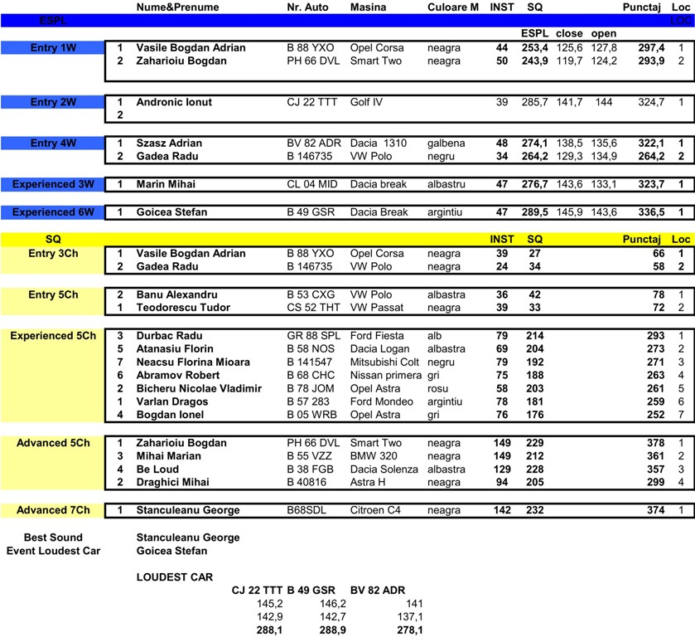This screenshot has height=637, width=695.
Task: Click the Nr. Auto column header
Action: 307,7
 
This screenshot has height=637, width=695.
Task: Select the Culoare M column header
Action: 453,7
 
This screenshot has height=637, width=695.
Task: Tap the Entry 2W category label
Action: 54,102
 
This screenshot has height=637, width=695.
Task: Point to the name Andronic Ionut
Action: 174,102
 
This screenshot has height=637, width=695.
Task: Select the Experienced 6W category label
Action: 53,212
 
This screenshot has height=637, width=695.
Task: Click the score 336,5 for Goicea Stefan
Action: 649,212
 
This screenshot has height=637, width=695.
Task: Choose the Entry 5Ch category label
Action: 53,294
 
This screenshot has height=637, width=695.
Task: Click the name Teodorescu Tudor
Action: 182,308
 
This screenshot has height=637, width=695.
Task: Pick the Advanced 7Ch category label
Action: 53,510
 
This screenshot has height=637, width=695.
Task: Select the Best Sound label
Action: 53,537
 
